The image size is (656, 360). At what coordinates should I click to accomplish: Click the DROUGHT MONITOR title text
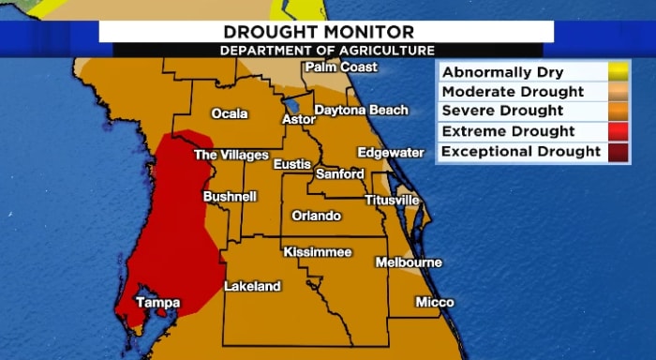click(x=327, y=31)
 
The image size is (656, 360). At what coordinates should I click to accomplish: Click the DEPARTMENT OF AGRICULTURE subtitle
click(x=327, y=50)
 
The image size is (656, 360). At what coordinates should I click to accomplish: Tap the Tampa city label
click(x=157, y=302)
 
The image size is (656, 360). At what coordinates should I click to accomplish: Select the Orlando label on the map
click(x=316, y=216)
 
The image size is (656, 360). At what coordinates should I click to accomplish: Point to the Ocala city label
click(x=230, y=113)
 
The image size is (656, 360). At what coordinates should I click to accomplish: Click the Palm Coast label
click(x=341, y=67)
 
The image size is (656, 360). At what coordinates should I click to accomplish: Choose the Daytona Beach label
click(x=361, y=110)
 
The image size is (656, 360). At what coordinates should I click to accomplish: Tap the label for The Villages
click(x=231, y=155)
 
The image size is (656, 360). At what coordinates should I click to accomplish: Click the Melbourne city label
click(x=409, y=262)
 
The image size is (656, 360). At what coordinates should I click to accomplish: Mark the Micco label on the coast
click(x=434, y=302)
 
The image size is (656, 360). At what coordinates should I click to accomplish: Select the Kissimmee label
click(x=318, y=252)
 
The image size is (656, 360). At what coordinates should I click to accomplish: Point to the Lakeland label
click(x=252, y=286)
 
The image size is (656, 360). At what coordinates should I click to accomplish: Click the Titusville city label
click(x=392, y=201)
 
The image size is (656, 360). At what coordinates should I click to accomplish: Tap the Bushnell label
click(x=230, y=197)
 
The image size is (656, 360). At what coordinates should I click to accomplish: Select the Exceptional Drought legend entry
click(x=520, y=151)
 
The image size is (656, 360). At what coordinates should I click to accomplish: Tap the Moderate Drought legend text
click(x=512, y=92)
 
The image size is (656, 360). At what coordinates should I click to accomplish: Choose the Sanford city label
click(x=340, y=174)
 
